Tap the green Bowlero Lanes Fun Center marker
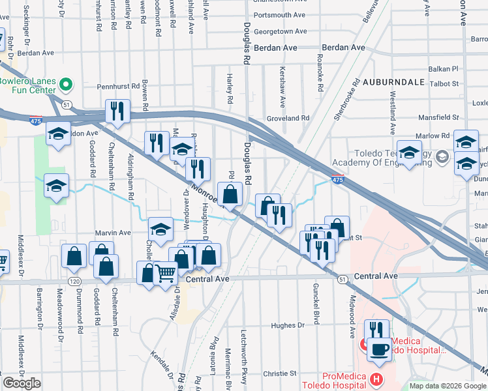tap(65, 85)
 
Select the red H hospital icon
tap(375, 379)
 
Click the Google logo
tap(22, 383)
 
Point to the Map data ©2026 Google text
tap(447, 386)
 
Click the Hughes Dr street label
tap(288, 325)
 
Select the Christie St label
tap(280, 373)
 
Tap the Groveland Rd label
tap(287, 118)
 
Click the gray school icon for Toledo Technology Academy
tap(442, 156)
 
